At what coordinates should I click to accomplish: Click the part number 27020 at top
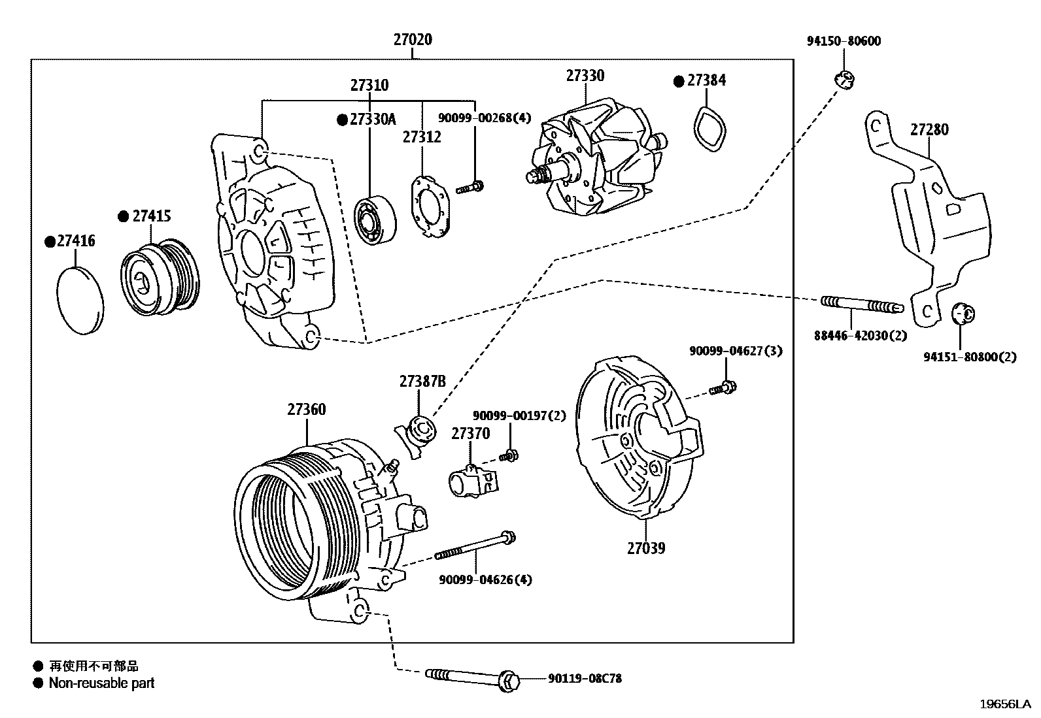[413, 40]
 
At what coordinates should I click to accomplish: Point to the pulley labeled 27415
[162, 278]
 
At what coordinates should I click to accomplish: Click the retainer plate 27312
[430, 206]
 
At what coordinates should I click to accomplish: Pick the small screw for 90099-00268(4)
[469, 188]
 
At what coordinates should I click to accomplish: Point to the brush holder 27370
[470, 481]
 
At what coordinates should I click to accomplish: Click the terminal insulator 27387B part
[417, 432]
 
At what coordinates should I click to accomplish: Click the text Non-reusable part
[101, 683]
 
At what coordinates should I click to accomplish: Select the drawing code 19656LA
[1005, 704]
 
